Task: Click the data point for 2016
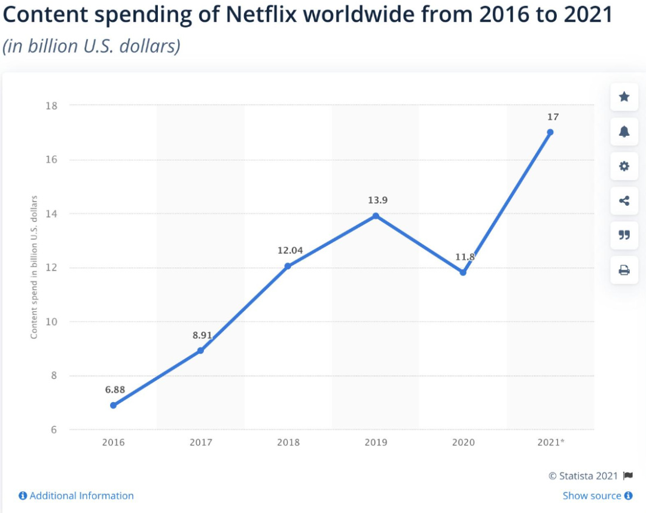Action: (x=113, y=405)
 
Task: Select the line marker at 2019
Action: (x=376, y=215)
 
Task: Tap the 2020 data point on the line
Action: (x=463, y=272)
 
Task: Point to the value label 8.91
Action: (x=202, y=335)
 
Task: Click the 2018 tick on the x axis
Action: (x=288, y=442)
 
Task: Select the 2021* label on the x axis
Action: (x=551, y=442)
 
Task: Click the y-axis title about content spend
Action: (x=34, y=267)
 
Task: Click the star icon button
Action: (x=624, y=96)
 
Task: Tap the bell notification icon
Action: (x=624, y=131)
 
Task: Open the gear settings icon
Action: (x=624, y=166)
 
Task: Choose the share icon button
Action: (x=624, y=201)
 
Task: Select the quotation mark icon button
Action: (x=624, y=235)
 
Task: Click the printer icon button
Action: (x=624, y=270)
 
